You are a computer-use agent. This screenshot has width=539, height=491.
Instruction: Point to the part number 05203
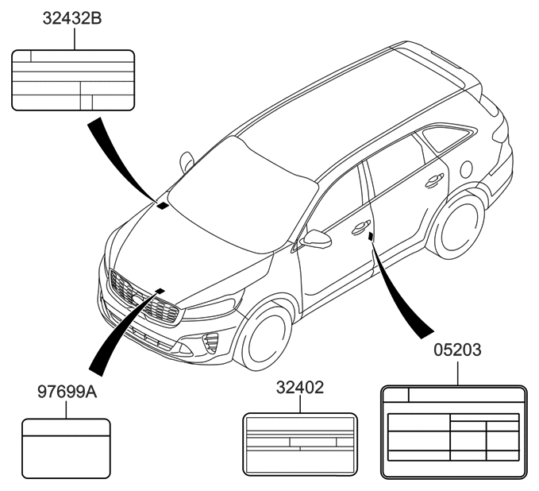pyautogui.click(x=456, y=350)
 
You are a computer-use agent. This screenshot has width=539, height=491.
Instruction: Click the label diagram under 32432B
pyautogui.click(x=74, y=79)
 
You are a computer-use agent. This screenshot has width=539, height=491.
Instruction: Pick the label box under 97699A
pyautogui.click(x=65, y=448)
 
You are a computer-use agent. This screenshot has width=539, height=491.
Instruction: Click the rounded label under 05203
pyautogui.click(x=453, y=432)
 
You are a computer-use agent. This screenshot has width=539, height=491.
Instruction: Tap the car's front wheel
pyautogui.click(x=267, y=337)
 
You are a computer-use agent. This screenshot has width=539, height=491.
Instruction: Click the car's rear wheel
pyautogui.click(x=460, y=224)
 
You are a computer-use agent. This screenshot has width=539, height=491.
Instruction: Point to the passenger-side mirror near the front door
pyautogui.click(x=317, y=239)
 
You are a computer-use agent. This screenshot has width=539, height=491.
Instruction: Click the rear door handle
pyautogui.click(x=433, y=181)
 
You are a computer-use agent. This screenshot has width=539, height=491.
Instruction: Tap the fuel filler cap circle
pyautogui.click(x=468, y=168)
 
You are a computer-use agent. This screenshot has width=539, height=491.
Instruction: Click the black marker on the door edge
pyautogui.click(x=372, y=236)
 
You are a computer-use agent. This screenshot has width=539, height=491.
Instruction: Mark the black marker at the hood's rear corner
pyautogui.click(x=163, y=206)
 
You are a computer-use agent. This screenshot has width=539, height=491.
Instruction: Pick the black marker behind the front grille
pyautogui.click(x=160, y=291)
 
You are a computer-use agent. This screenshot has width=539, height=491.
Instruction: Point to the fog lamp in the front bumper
pyautogui.click(x=211, y=342)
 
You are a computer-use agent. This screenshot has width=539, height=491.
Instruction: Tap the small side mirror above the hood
pyautogui.click(x=187, y=161)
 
